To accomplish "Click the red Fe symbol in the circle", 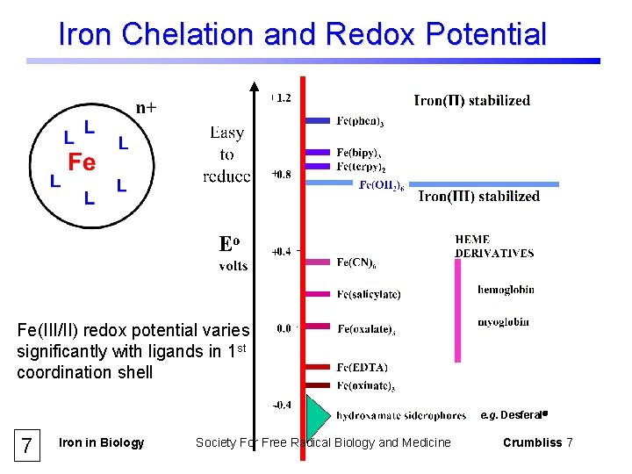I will [82, 162].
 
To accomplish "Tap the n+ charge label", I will [147, 107].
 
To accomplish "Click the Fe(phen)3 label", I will [360, 121].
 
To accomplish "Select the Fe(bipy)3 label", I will [360, 153].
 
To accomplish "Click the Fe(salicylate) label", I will [369, 294].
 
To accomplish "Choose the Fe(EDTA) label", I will [363, 367].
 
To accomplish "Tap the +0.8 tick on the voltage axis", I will [281, 175].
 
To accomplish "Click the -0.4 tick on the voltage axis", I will [281, 405].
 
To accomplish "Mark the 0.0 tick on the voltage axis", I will [284, 328].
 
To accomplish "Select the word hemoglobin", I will [506, 290].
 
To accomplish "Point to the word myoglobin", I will [503, 322].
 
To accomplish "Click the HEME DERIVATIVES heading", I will [494, 246].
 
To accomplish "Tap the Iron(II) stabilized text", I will [471, 100].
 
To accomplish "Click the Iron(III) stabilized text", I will [478, 196].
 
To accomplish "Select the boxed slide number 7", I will [27, 445].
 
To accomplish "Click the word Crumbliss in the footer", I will [532, 442].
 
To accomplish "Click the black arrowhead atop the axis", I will [255, 86].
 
